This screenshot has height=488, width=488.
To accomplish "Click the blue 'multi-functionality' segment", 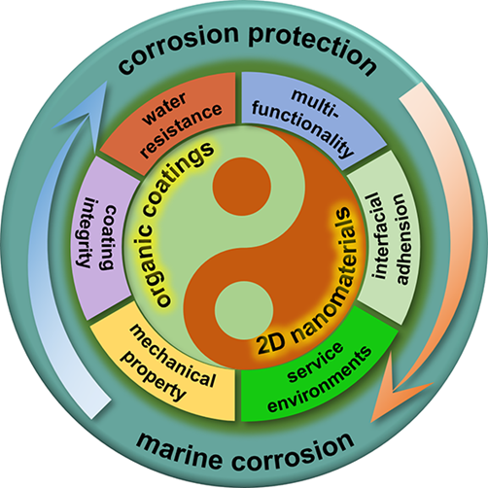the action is (x=308, y=120).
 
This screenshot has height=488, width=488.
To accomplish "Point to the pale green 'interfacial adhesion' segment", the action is (x=386, y=238).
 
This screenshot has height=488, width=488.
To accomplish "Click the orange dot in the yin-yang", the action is (x=242, y=187).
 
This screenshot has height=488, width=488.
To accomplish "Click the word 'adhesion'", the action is (x=401, y=239).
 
